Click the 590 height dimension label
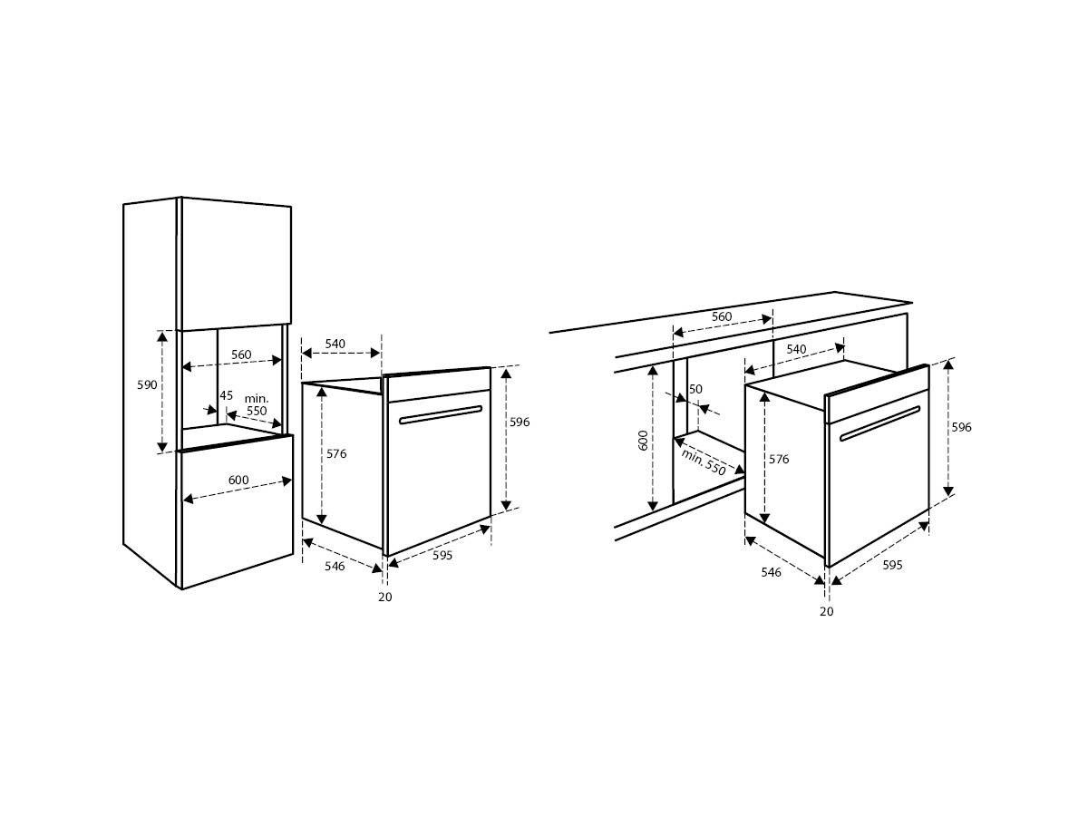tap(147, 385)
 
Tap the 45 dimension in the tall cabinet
tap(226, 395)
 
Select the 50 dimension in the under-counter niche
tap(695, 389)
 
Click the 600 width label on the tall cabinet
tap(238, 480)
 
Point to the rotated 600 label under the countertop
tap(643, 440)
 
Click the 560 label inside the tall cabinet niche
tap(241, 355)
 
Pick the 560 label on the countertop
tap(722, 316)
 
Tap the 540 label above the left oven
tap(335, 344)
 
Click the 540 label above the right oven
tap(797, 349)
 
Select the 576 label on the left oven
tap(336, 453)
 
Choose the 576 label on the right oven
tap(779, 460)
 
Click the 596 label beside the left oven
tap(520, 422)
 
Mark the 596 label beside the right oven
tap(962, 427)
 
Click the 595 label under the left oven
tap(442, 556)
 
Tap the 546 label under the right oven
tap(772, 572)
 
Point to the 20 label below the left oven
tap(385, 597)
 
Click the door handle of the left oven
tap(441, 414)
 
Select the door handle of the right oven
tap(879, 423)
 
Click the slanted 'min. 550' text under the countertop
tap(704, 462)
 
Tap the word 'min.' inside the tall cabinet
tap(257, 398)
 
